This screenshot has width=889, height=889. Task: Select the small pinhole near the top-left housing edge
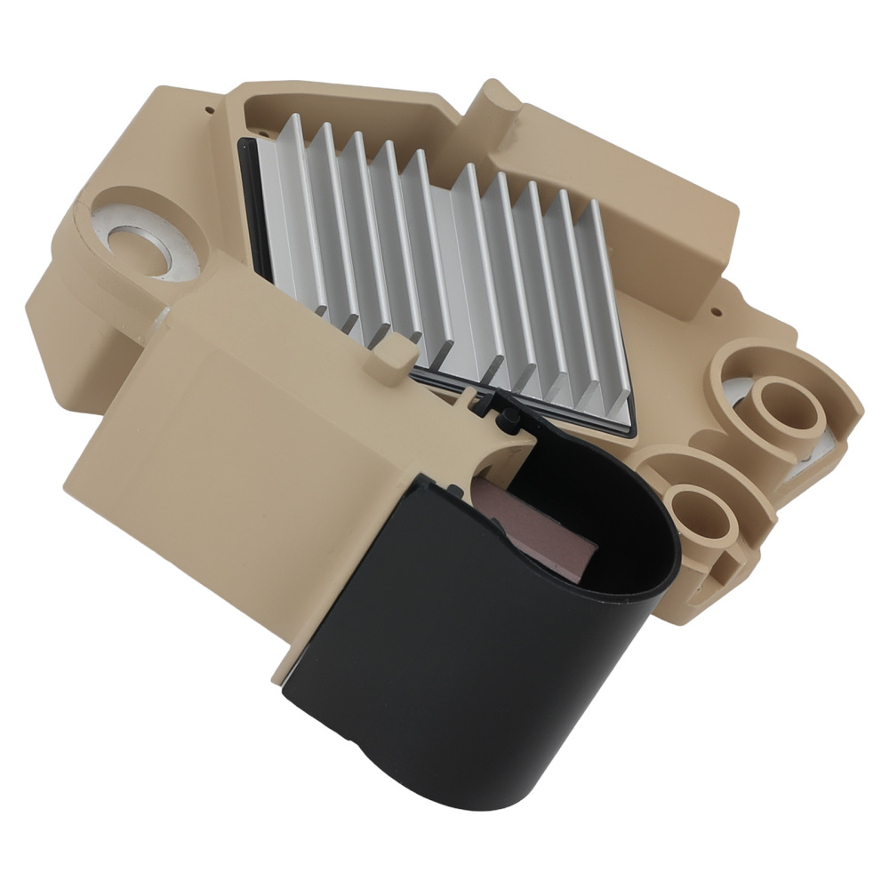209,112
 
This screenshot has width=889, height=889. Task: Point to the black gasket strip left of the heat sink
252,204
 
